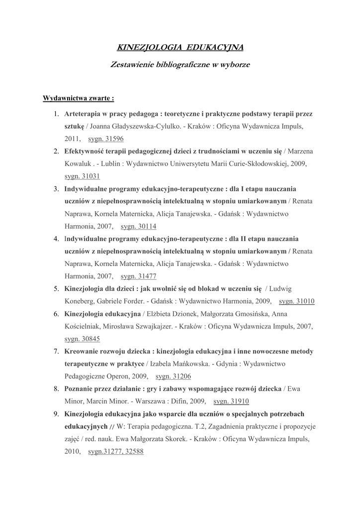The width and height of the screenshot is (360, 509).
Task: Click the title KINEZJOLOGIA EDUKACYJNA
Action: click(180, 47)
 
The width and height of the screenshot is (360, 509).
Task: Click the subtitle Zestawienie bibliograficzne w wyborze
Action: click(180, 65)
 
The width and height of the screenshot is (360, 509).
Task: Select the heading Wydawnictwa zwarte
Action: click(78, 97)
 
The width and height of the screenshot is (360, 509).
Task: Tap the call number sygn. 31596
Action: click(106, 139)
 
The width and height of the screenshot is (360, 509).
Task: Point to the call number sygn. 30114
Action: click(139, 226)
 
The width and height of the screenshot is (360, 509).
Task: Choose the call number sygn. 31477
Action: click(139, 276)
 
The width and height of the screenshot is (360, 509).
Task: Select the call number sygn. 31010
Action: click(297, 301)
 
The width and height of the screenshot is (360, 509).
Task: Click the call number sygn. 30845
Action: click(83, 339)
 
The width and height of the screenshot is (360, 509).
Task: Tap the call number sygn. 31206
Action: click(174, 376)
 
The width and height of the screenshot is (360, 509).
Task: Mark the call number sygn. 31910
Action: click(231, 401)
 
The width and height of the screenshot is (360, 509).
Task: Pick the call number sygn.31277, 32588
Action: click(116, 451)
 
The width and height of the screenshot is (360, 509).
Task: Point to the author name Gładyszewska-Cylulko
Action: click(144, 126)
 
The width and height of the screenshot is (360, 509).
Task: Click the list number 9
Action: click(57, 414)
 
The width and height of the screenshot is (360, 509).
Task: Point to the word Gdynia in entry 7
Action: click(228, 364)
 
